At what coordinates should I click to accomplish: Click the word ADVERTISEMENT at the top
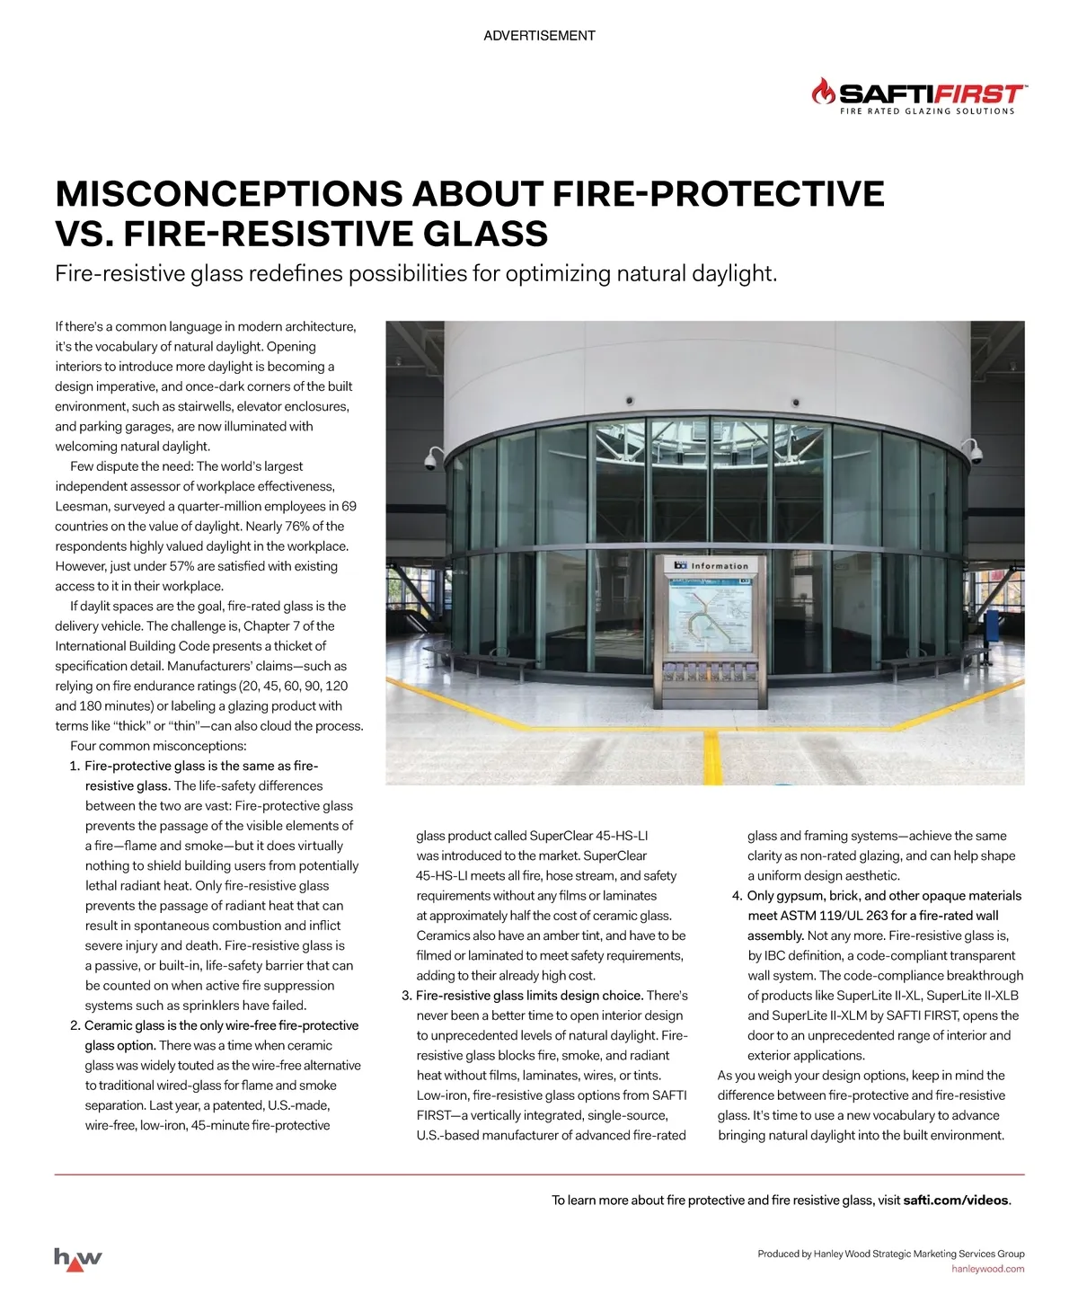tap(539, 36)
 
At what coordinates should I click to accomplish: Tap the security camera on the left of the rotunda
tap(429, 461)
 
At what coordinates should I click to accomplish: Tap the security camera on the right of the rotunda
tap(975, 451)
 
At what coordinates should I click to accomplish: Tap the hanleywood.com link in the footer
tap(987, 1269)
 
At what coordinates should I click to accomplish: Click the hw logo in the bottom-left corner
tap(78, 1258)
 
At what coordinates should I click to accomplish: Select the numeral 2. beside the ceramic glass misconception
tap(75, 1026)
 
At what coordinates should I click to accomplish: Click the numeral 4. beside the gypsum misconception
tap(738, 896)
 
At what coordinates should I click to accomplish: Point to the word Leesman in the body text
tap(81, 507)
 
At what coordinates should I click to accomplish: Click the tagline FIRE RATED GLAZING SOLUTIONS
tap(926, 111)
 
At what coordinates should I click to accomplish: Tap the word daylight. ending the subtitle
tap(730, 273)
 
